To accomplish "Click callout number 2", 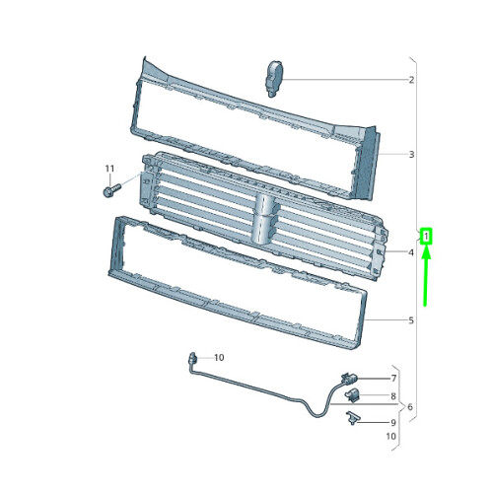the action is click(x=411, y=80).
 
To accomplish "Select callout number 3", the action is click(x=411, y=154).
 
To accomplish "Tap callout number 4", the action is click(x=411, y=252).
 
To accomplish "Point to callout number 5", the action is click(x=411, y=320).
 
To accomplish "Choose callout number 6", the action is click(x=410, y=407).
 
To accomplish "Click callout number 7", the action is click(x=393, y=379).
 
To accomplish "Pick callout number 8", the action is click(x=393, y=396).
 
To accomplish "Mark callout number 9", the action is click(x=393, y=422).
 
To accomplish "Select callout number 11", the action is click(x=109, y=169).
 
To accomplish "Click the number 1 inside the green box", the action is click(x=426, y=237).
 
